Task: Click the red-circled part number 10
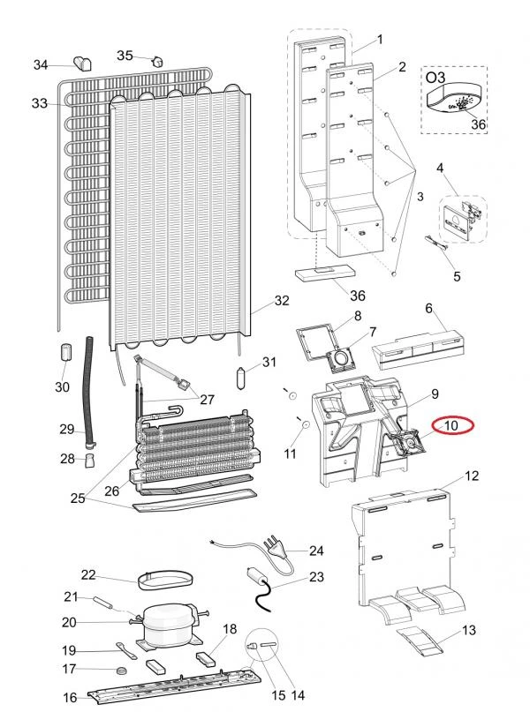(451, 425)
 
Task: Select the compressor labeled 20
(169, 623)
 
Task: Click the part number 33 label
(40, 103)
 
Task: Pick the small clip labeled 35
(157, 61)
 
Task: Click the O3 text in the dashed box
(435, 77)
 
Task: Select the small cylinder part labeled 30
(67, 352)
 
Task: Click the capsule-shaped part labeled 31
(242, 378)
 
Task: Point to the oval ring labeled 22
(164, 580)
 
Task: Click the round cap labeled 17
(121, 671)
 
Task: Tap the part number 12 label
(471, 476)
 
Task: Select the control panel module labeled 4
(461, 220)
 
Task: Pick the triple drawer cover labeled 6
(417, 347)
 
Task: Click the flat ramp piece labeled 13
(419, 641)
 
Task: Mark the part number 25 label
(78, 498)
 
